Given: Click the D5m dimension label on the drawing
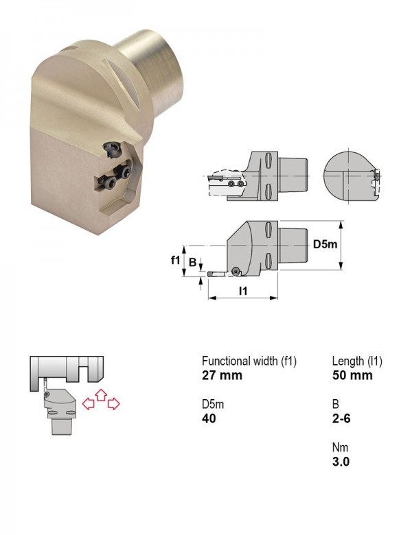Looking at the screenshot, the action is [325, 244].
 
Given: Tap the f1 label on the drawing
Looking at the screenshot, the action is [175, 261].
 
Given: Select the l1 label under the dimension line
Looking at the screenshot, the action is [243, 291].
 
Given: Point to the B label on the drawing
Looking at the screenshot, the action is [193, 262].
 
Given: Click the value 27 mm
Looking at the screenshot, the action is [222, 375].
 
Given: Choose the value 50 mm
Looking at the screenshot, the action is [352, 375].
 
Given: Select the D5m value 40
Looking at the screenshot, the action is [209, 418].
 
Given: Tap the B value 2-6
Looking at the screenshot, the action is [341, 418].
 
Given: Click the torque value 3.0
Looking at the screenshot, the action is [341, 462].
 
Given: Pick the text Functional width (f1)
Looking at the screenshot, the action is [249, 361].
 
